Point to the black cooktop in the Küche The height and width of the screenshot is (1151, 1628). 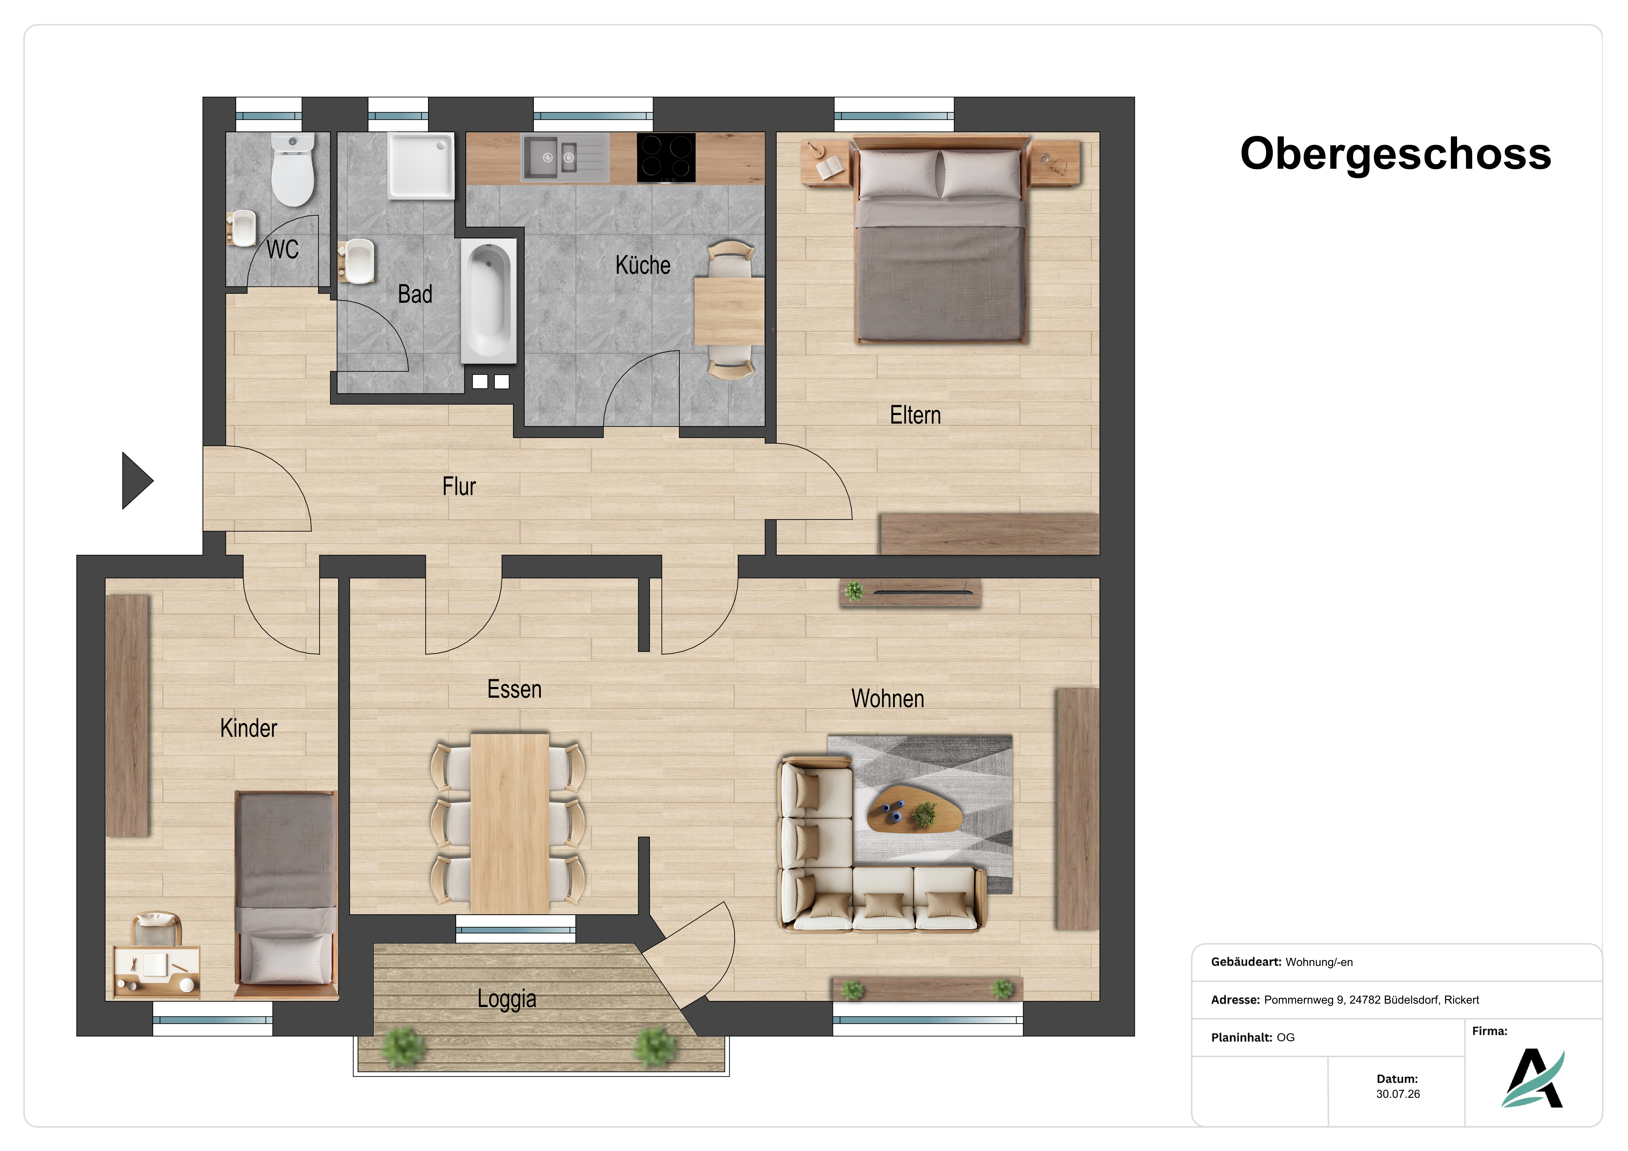(666, 157)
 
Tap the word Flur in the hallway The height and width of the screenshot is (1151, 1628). (459, 487)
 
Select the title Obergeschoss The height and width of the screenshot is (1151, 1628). (1395, 154)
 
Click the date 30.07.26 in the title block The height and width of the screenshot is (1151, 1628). (1398, 1094)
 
